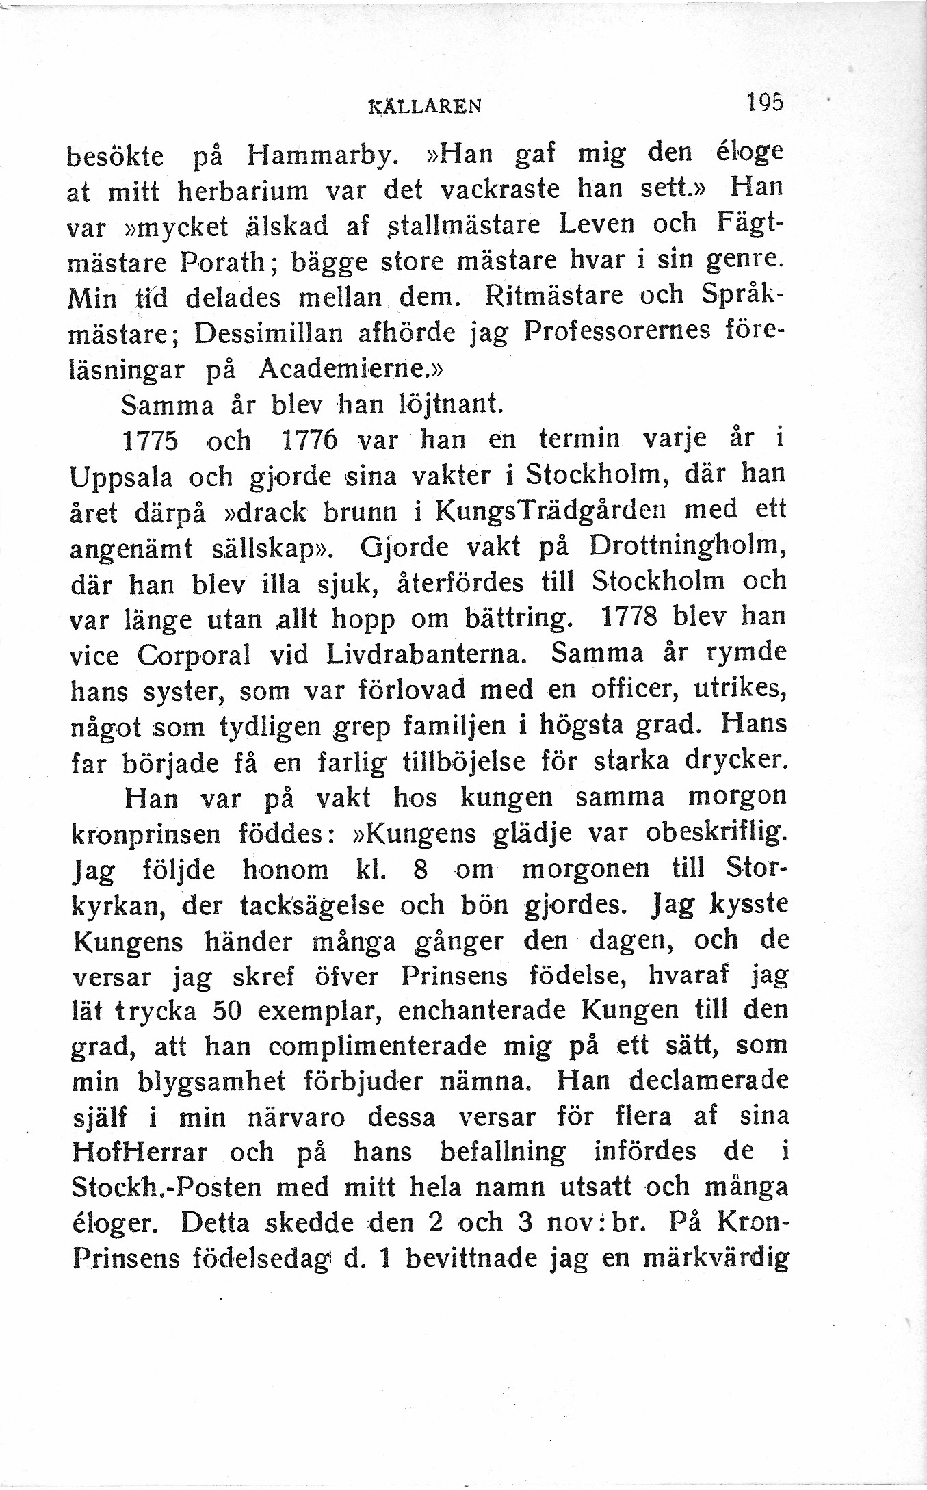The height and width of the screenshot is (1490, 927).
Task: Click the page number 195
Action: [765, 103]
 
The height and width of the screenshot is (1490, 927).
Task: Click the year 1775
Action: [150, 440]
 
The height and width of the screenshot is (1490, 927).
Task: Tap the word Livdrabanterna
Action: [426, 654]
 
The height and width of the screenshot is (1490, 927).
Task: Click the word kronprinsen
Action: [146, 834]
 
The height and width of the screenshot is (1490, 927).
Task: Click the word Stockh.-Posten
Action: [166, 1187]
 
